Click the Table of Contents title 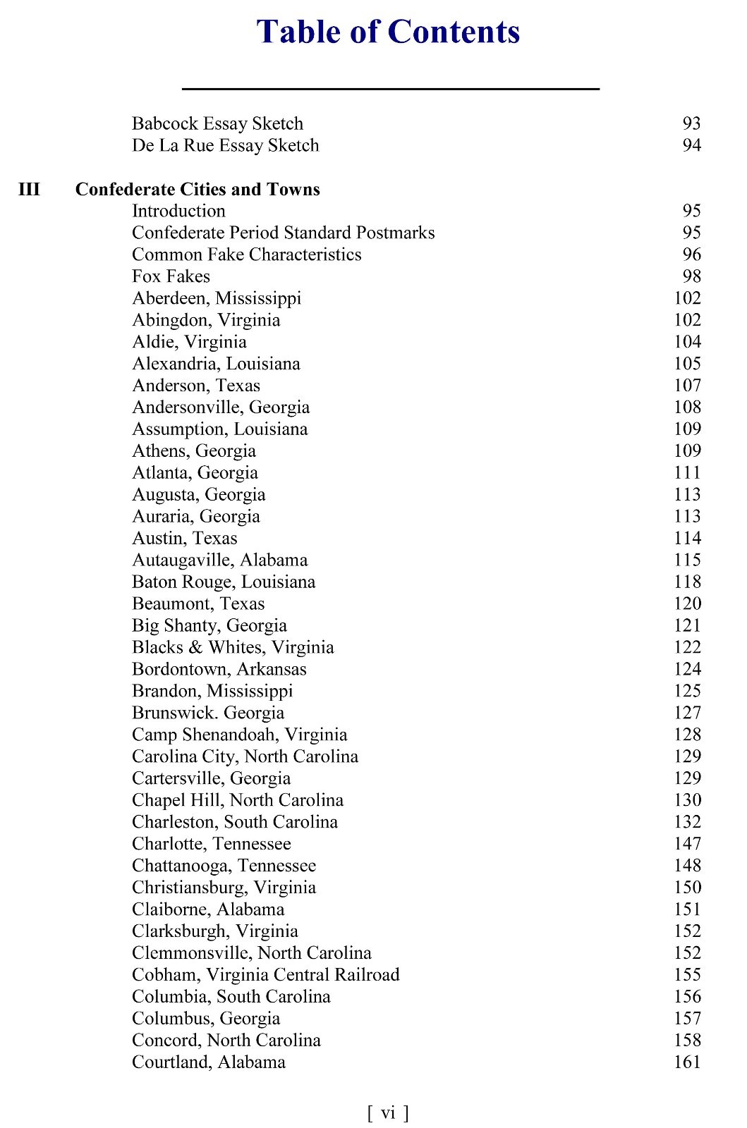coord(388,32)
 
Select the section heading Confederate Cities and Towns coord(198,189)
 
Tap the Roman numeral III coord(29,189)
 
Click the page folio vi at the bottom coord(388,1112)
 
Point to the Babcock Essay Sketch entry coord(217,123)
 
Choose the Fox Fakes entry coord(171,276)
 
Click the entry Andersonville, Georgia coord(221,407)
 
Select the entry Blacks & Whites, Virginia coord(233,647)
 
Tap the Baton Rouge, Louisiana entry coord(224,582)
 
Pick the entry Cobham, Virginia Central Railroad coord(265,974)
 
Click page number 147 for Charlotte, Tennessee coord(687,844)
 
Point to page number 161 coord(687,1062)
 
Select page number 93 coord(691,123)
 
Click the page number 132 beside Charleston coord(687,822)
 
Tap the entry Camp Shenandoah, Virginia coord(239,735)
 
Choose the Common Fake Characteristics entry coord(246,255)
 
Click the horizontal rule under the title coord(390,89)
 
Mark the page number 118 coord(687,582)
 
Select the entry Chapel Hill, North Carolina coord(238,800)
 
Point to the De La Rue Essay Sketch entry coord(225,145)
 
